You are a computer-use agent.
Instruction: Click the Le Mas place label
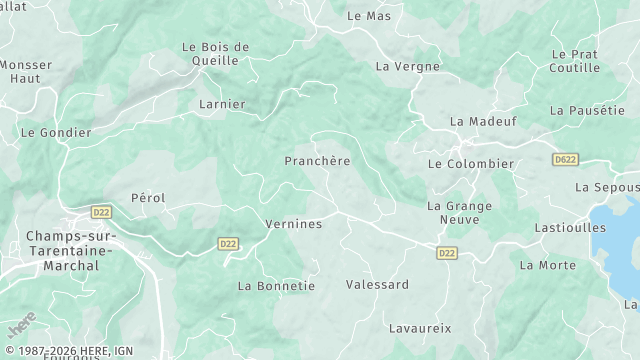coord(368,16)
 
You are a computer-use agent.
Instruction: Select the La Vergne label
coord(407,67)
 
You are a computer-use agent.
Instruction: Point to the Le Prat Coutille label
coord(574,61)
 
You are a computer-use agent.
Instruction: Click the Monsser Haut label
coord(26,71)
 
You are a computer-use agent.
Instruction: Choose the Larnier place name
coord(221,103)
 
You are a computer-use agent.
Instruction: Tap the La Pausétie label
coord(586,110)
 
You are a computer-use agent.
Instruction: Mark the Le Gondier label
coord(56,132)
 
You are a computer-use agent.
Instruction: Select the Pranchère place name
coord(317,160)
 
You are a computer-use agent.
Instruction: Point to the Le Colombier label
coord(470,164)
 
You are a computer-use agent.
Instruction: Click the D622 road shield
coord(565,159)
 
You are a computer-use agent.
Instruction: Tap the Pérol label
coord(148,198)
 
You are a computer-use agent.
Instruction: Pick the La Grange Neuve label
coord(459,213)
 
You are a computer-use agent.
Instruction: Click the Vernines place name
coord(293,224)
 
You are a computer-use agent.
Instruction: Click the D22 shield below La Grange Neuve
coord(446,254)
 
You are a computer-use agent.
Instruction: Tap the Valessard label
coord(377,285)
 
